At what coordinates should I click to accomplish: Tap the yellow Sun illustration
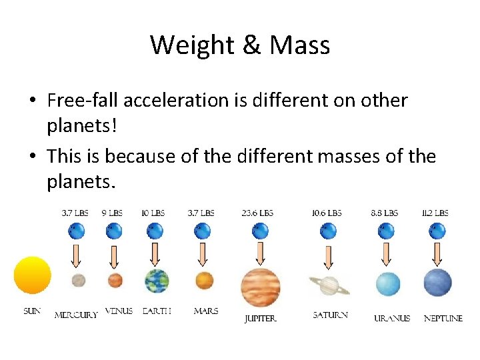tap(32, 275)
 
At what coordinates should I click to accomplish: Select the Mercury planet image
tap(78, 280)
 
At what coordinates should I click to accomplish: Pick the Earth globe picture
tap(156, 281)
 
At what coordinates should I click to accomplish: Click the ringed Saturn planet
tap(328, 285)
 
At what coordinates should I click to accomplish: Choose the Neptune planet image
tap(438, 283)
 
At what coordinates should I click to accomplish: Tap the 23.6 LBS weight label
tap(257, 213)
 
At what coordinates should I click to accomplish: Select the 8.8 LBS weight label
tap(384, 213)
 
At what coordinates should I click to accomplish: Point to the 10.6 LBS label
tap(327, 213)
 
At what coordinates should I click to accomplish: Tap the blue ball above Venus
tap(114, 231)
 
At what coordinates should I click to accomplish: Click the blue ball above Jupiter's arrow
tap(260, 231)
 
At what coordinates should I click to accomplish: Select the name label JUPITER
tap(260, 319)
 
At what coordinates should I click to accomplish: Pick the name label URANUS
tap(392, 318)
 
